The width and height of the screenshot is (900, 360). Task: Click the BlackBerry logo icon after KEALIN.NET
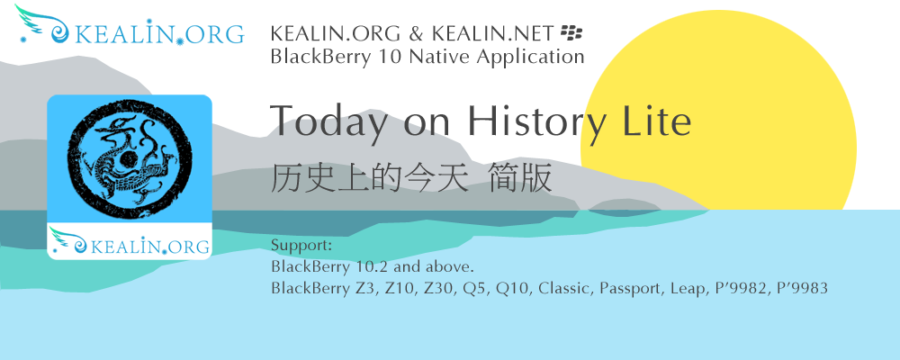(571, 32)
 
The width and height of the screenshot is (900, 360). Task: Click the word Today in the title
(332, 122)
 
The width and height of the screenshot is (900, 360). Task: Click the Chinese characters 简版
(520, 177)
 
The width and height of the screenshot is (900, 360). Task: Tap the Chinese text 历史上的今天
(368, 177)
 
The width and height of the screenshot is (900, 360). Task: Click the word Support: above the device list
(301, 247)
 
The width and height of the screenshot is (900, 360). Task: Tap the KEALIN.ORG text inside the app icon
(150, 247)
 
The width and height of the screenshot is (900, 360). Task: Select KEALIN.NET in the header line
(493, 33)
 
